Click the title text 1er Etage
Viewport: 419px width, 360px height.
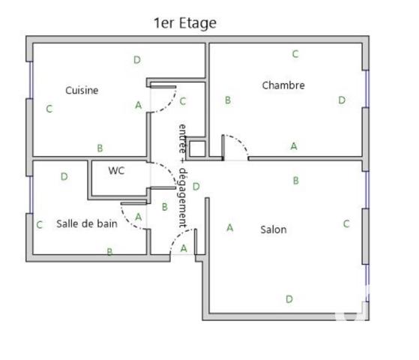pyautogui.click(x=184, y=23)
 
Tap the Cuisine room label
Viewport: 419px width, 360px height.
pyautogui.click(x=82, y=90)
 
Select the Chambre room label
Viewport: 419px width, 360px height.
pyautogui.click(x=283, y=85)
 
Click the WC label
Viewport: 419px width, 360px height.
pyautogui.click(x=116, y=170)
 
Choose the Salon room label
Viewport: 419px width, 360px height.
pyautogui.click(x=273, y=229)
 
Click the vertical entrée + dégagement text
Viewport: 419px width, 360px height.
pyautogui.click(x=181, y=175)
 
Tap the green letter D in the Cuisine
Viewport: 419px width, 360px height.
pyautogui.click(x=136, y=60)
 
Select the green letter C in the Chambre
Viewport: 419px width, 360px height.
pyautogui.click(x=295, y=54)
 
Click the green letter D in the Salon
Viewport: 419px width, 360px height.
pyautogui.click(x=289, y=298)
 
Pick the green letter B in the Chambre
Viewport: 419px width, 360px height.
pyautogui.click(x=227, y=100)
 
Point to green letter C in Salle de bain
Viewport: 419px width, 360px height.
pyautogui.click(x=39, y=224)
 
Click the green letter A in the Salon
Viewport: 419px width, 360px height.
pyautogui.click(x=229, y=227)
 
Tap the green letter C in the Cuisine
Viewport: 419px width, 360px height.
pyautogui.click(x=49, y=109)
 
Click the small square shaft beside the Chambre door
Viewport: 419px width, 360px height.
pyautogui.click(x=196, y=148)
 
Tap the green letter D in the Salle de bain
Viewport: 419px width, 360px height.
pyautogui.click(x=64, y=177)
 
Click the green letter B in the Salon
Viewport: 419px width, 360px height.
pyautogui.click(x=296, y=181)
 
